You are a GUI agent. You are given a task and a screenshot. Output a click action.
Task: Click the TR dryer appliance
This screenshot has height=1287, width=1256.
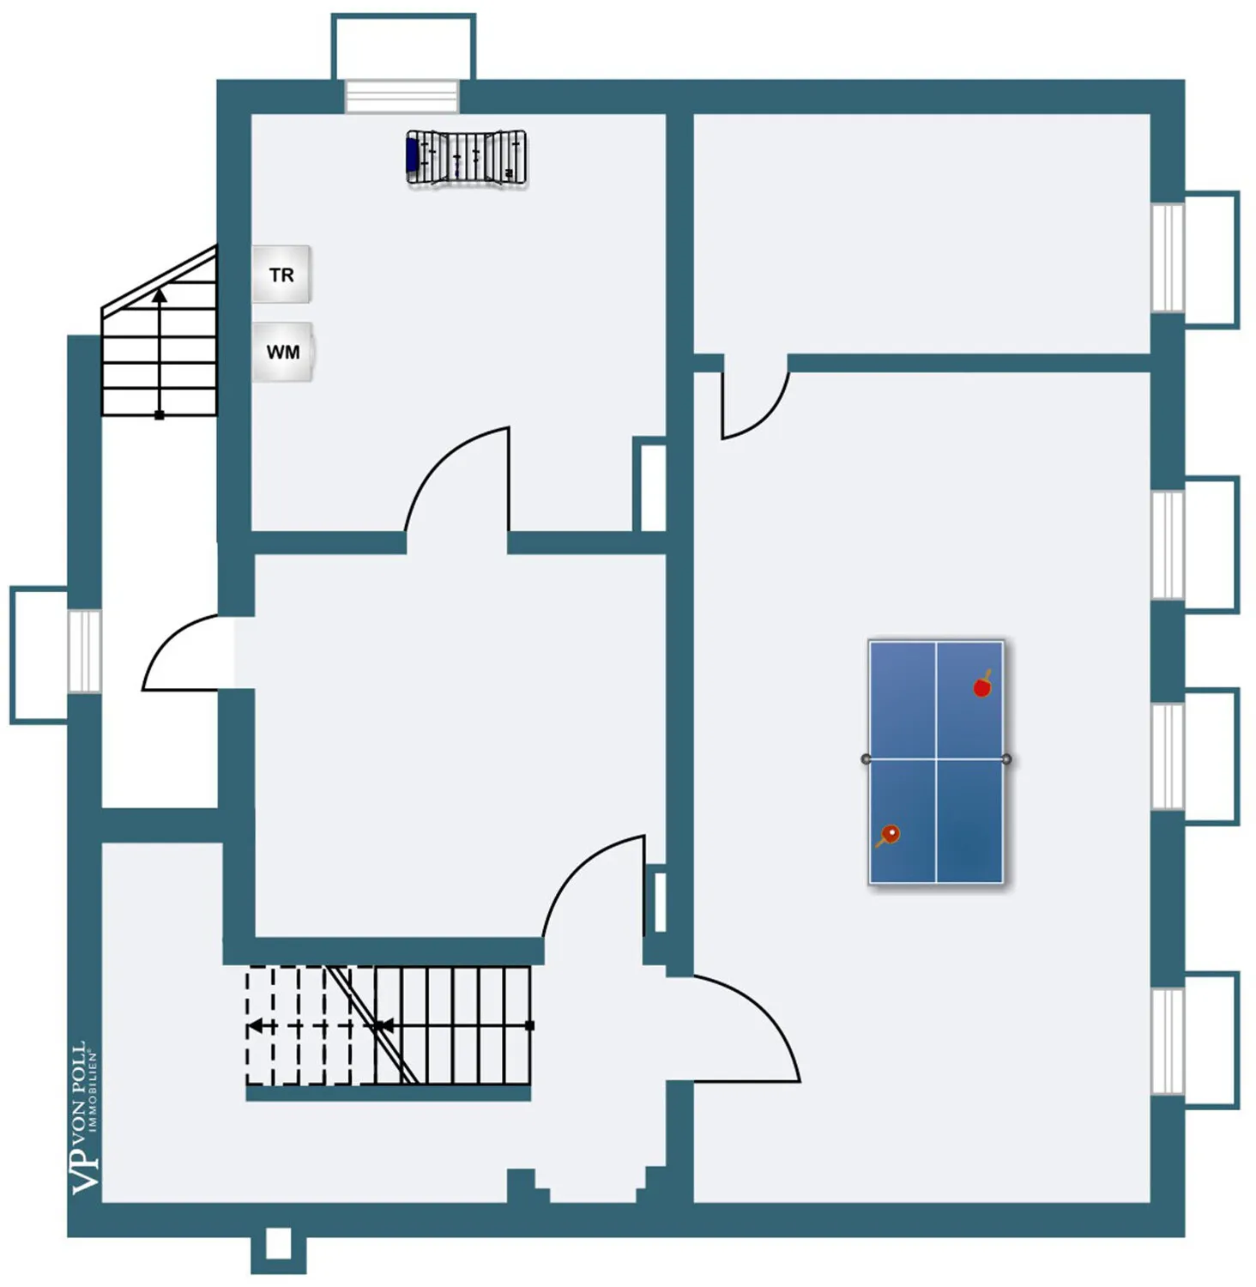281,275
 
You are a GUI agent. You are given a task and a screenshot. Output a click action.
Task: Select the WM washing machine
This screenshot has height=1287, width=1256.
282,352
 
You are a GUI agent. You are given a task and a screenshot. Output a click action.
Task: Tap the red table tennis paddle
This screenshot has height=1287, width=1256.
982,686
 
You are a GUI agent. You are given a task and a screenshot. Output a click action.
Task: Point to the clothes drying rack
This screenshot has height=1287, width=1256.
466,158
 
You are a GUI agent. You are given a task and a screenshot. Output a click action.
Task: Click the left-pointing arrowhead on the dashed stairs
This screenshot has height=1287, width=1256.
255,1026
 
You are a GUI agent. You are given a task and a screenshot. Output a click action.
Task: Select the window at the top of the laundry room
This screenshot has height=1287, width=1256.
402,96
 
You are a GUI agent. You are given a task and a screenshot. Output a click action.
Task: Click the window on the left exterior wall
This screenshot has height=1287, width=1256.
84,650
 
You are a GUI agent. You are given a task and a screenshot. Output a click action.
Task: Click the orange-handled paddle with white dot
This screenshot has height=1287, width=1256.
889,834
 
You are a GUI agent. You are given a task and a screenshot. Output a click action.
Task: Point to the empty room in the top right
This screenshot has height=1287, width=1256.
921,233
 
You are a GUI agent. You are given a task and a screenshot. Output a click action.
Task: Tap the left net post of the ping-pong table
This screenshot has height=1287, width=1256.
866,759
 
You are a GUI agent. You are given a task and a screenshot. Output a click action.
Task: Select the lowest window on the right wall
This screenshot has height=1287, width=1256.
1167,1041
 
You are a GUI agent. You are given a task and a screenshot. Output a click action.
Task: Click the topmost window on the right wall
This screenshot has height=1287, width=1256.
1167,257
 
